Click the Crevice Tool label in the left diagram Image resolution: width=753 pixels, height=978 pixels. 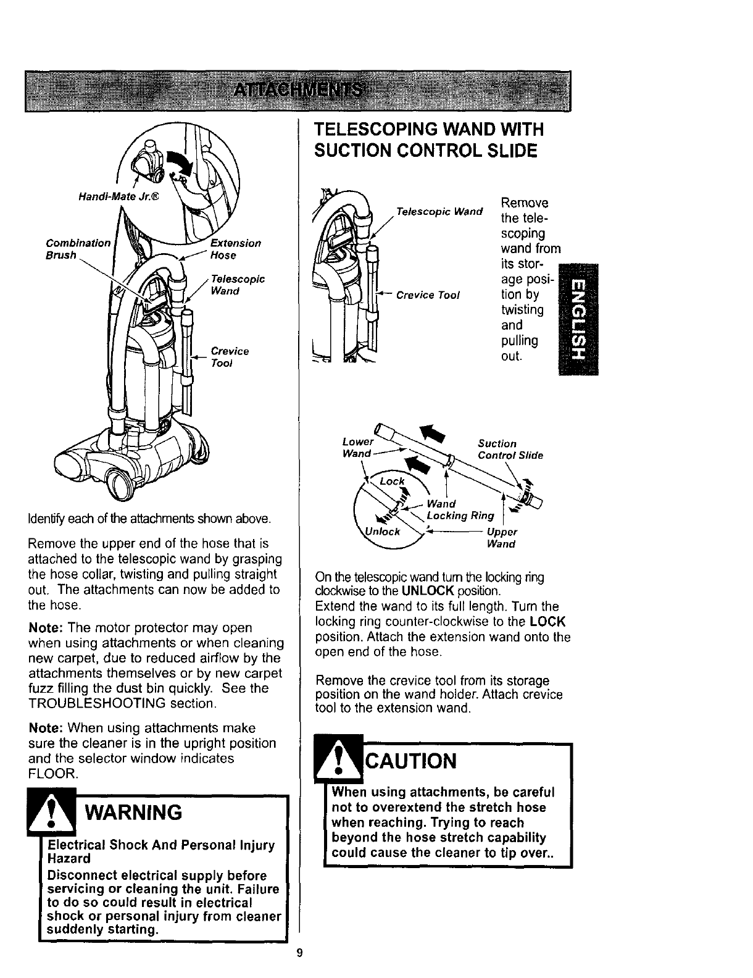(230, 357)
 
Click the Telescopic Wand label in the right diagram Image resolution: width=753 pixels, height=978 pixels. (439, 212)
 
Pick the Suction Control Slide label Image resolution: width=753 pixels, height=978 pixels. (510, 449)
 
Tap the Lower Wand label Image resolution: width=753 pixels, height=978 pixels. (357, 448)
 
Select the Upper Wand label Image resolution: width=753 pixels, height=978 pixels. (501, 538)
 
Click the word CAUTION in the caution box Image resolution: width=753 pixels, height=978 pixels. (412, 761)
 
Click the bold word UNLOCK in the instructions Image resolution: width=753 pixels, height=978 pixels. (436, 590)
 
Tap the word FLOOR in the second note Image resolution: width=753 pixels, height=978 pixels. (52, 772)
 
